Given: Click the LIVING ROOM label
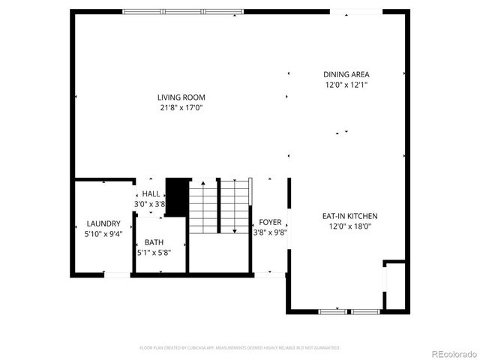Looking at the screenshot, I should pyautogui.click(x=181, y=97).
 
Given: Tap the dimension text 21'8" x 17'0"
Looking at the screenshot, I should pyautogui.click(x=181, y=108).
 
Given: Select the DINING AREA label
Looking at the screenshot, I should pyautogui.click(x=346, y=74).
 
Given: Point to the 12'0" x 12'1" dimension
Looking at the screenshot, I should pyautogui.click(x=346, y=85).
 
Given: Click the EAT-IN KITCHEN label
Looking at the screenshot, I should pyautogui.click(x=349, y=216).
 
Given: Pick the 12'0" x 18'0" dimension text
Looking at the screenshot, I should pyautogui.click(x=349, y=226).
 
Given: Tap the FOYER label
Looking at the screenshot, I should pyautogui.click(x=270, y=223).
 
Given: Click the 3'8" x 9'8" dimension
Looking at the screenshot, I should pyautogui.click(x=270, y=232).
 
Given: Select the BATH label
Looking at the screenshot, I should pyautogui.click(x=154, y=242).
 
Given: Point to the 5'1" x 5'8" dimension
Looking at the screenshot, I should pyautogui.click(x=154, y=253).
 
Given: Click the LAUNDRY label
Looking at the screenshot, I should pyautogui.click(x=103, y=223).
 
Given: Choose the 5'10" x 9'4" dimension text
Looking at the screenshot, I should pyautogui.click(x=103, y=234).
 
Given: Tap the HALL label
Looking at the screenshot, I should pyautogui.click(x=151, y=193).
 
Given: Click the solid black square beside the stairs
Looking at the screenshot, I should pyautogui.click(x=176, y=196).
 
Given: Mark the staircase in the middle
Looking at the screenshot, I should pyautogui.click(x=219, y=206).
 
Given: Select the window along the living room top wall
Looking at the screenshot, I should pyautogui.click(x=183, y=11).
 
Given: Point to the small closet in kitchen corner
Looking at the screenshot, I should pyautogui.click(x=394, y=285).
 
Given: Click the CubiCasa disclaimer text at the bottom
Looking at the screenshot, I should pyautogui.click(x=240, y=348).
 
